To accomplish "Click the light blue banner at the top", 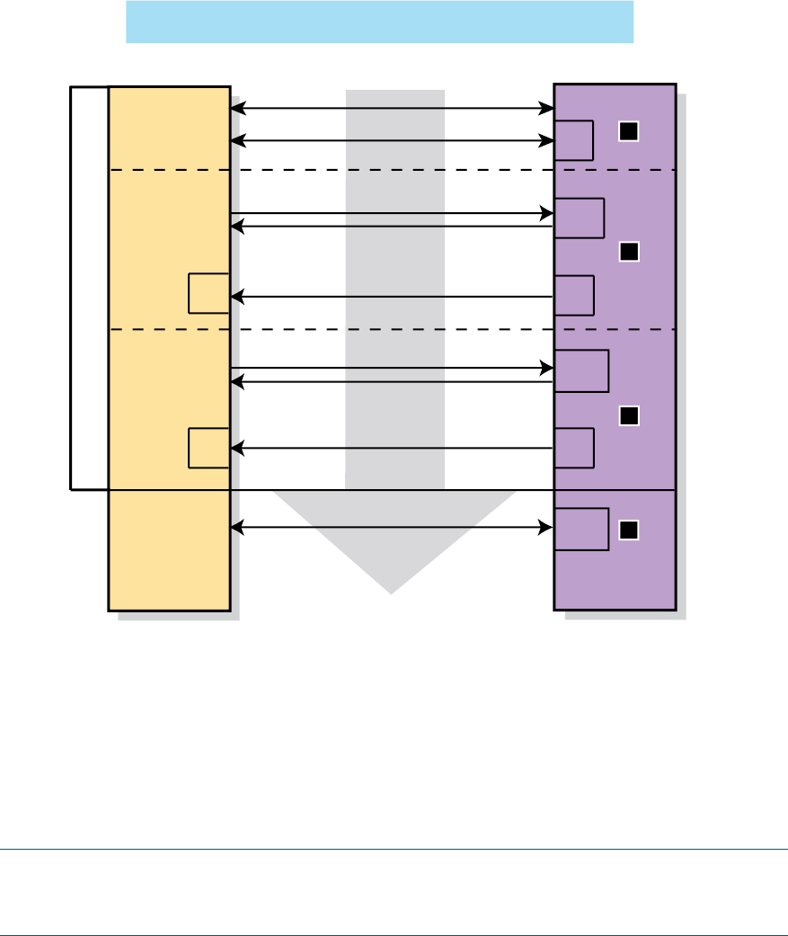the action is pyautogui.click(x=379, y=22).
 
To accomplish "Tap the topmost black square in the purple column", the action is pyautogui.click(x=629, y=131).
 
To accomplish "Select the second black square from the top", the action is pyautogui.click(x=629, y=253).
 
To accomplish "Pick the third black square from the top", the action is pyautogui.click(x=629, y=415).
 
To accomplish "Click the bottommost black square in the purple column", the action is pyautogui.click(x=629, y=530).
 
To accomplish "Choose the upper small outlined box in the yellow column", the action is pyautogui.click(x=208, y=293).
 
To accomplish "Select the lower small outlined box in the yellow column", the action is pyautogui.click(x=208, y=448).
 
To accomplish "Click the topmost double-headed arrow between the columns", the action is pyautogui.click(x=392, y=109).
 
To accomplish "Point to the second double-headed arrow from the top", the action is pyautogui.click(x=392, y=140).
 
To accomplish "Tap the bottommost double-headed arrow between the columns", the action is pyautogui.click(x=392, y=529).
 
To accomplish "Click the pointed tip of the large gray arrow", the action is pyautogui.click(x=392, y=591).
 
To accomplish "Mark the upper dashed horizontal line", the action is pyautogui.click(x=392, y=170).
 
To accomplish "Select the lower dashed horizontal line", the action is pyautogui.click(x=392, y=330).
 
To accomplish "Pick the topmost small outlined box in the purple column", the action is pyautogui.click(x=574, y=139).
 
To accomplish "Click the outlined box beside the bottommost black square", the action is pyautogui.click(x=581, y=529).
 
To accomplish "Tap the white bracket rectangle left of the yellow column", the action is pyautogui.click(x=89, y=288).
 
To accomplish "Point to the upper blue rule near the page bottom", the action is pyautogui.click(x=394, y=849).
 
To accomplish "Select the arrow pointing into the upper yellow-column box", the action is pyautogui.click(x=392, y=296).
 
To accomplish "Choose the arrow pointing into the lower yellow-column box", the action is pyautogui.click(x=392, y=447).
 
